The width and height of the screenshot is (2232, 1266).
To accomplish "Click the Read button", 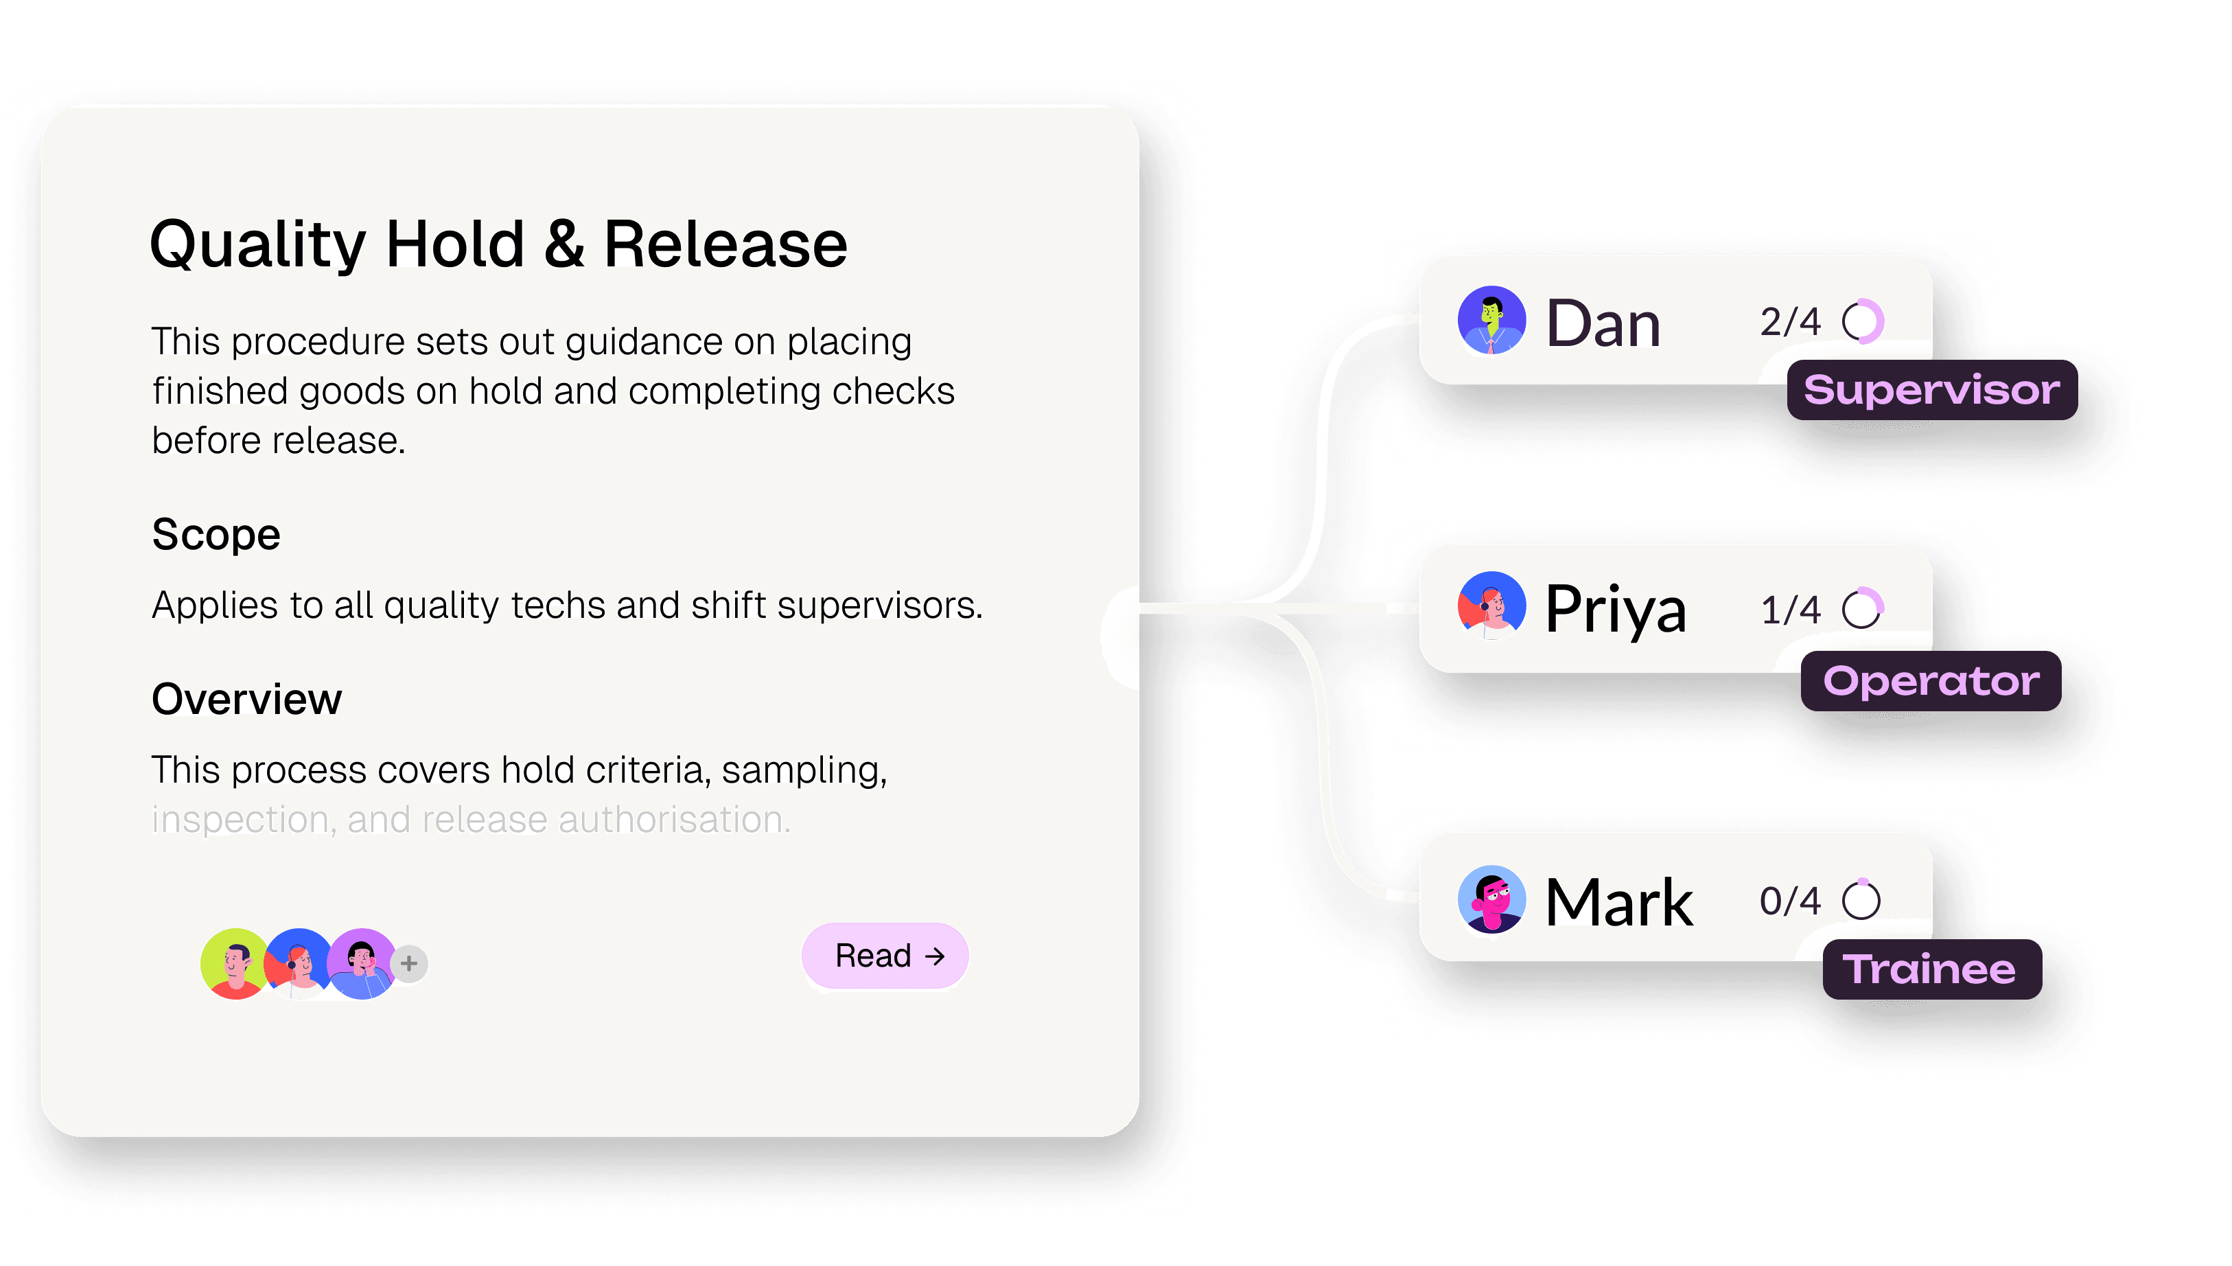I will click(x=885, y=956).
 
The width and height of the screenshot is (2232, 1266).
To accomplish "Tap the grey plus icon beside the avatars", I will click(x=409, y=963).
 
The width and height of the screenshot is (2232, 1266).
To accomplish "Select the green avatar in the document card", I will click(x=233, y=963).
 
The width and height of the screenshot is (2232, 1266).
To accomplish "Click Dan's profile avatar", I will click(x=1491, y=320).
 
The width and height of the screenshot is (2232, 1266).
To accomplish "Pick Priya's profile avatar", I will click(x=1491, y=606).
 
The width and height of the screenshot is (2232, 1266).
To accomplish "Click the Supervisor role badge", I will click(x=1931, y=389).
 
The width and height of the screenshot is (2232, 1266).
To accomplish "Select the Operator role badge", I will click(x=1931, y=681).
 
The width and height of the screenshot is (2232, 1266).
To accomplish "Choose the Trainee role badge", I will click(x=1931, y=969).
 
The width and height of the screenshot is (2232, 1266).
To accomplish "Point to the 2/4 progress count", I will click(x=1789, y=322).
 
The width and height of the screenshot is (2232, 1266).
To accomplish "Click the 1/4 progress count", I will click(x=1789, y=610).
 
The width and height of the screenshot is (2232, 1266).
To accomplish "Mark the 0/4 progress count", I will click(x=1789, y=901).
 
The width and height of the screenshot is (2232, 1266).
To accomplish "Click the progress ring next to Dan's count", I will click(x=1863, y=322).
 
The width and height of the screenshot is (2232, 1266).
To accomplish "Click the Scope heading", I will click(x=216, y=534).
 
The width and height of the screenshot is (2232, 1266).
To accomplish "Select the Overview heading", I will click(x=247, y=698).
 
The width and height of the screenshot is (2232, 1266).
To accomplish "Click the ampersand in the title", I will click(x=564, y=244).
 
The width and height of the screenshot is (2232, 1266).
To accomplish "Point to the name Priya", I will click(x=1615, y=609).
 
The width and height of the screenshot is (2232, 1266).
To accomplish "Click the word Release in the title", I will click(x=725, y=244).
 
